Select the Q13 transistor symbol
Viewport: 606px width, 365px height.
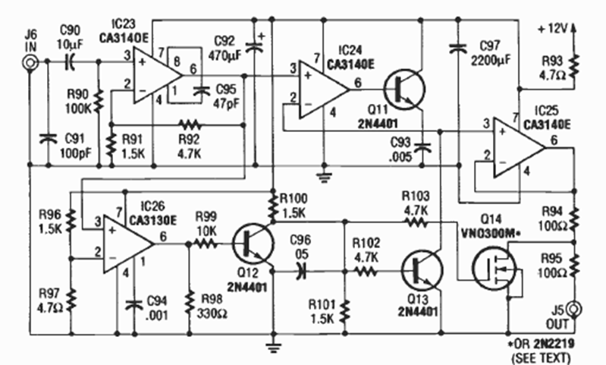point(419,269)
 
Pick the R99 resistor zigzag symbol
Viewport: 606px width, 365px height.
point(206,244)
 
